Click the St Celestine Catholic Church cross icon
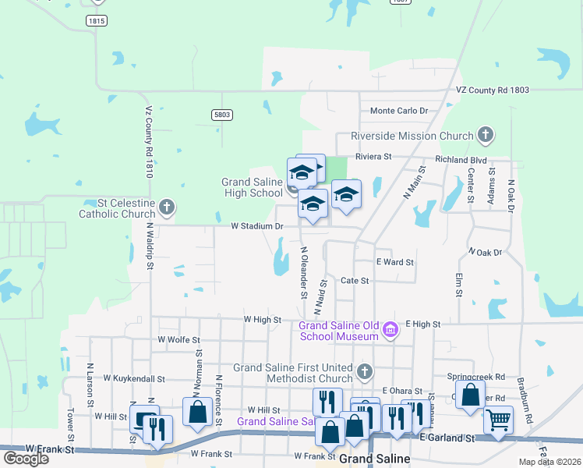click(x=165, y=207)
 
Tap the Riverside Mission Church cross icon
click(x=485, y=136)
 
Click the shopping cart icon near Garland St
click(x=499, y=420)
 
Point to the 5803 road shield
click(x=222, y=115)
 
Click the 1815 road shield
click(x=97, y=21)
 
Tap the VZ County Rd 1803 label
click(x=493, y=90)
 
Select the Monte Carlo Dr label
click(x=399, y=111)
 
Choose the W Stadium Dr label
click(x=257, y=226)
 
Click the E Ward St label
click(x=394, y=262)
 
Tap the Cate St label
click(x=355, y=280)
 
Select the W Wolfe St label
click(x=178, y=340)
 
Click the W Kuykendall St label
click(x=129, y=378)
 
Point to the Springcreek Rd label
click(x=476, y=376)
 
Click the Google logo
click(x=26, y=458)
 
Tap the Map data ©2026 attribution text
click(x=549, y=462)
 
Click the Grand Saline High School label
click(x=252, y=187)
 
